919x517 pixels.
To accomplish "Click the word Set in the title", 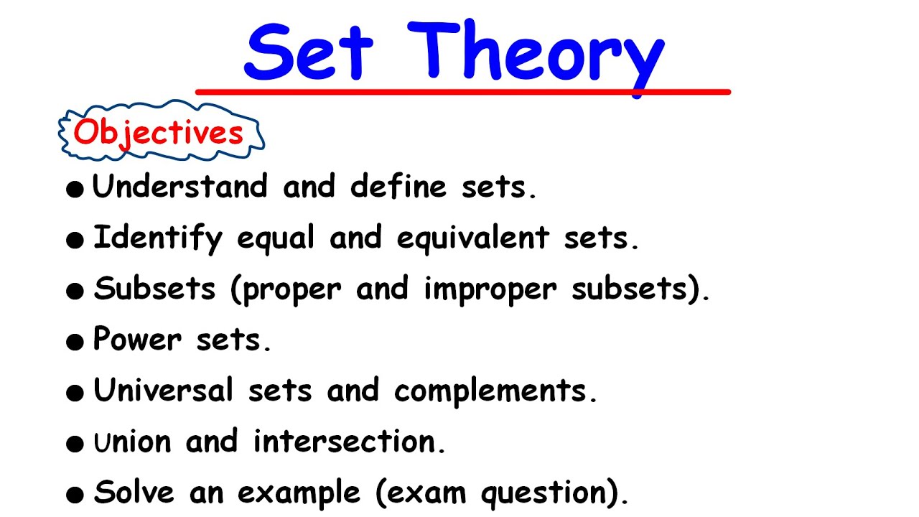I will tap(309, 52).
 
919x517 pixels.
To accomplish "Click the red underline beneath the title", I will tap(463, 92).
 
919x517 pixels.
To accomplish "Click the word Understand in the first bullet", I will tap(180, 187).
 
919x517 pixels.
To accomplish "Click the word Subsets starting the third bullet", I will tap(155, 289).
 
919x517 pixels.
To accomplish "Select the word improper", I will tap(490, 289).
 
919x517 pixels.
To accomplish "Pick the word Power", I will tap(137, 340).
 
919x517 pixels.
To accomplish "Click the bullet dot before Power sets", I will tap(75, 343).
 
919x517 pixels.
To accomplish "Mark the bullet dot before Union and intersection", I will tap(75, 444).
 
